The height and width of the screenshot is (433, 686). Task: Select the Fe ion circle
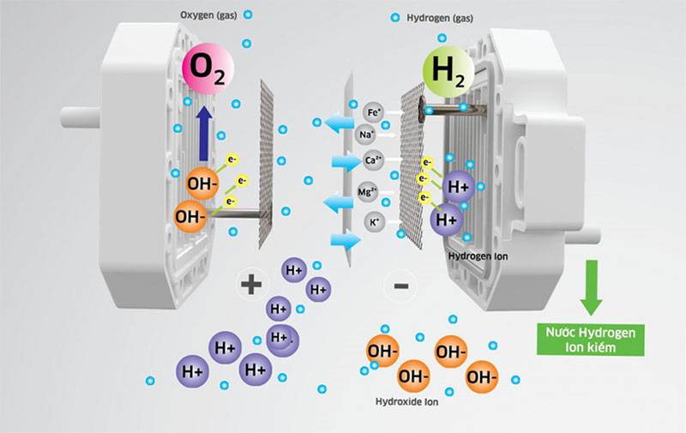point(373,111)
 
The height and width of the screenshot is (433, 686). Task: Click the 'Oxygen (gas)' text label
point(207,15)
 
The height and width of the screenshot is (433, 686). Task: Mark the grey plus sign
point(250,284)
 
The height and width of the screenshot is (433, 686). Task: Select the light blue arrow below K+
point(346,242)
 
